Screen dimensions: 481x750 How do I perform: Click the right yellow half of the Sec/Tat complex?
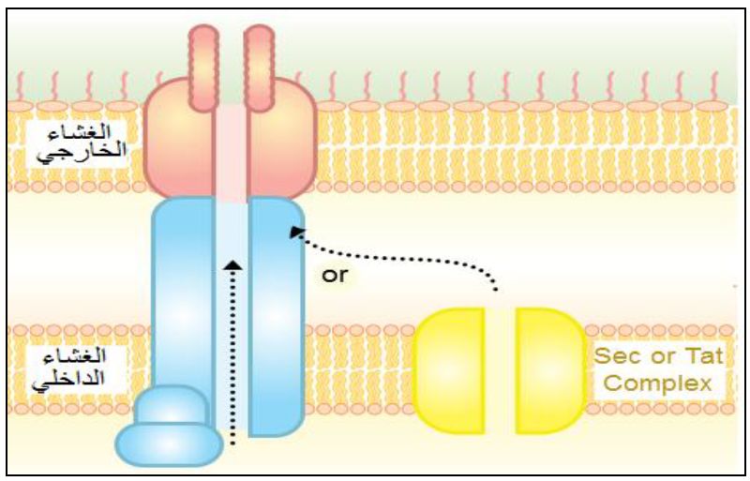[x=549, y=371]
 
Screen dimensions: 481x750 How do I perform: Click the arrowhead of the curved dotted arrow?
[x=295, y=231]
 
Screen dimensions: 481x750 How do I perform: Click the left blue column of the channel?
[x=183, y=291]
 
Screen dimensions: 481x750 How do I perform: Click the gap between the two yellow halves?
[x=500, y=371]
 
